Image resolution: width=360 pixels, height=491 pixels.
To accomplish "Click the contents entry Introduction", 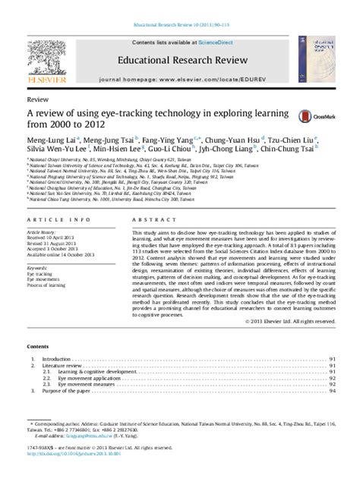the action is pyautogui.click(x=56, y=358).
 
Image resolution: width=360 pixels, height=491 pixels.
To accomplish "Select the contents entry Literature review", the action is pyautogui.click(x=62, y=365).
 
